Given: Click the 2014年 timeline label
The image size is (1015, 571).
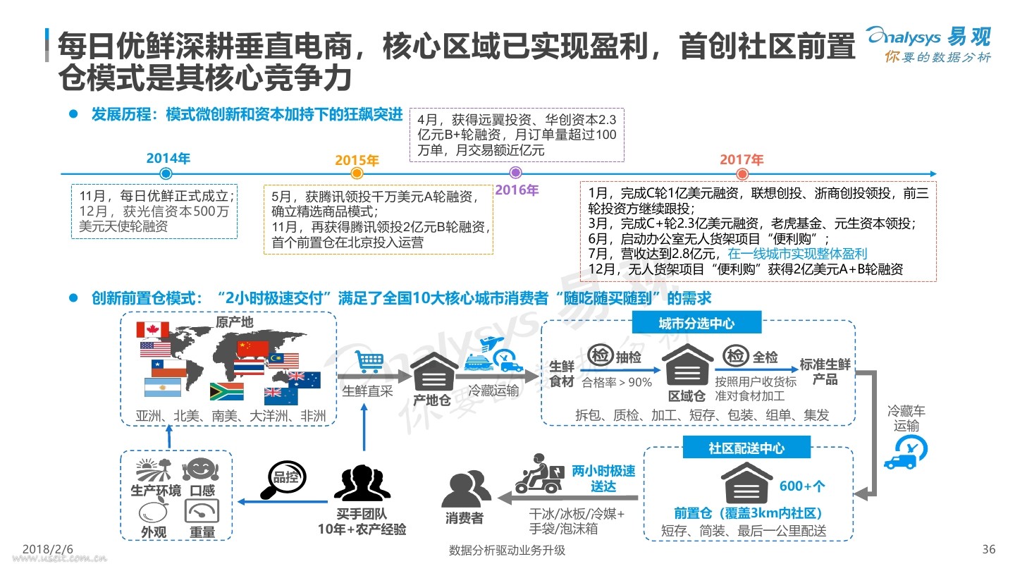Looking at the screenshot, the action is pos(168,158).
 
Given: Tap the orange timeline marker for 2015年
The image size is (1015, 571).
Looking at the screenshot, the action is pos(357,173).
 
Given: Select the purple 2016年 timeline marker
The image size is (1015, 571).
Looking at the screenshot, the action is pos(516,172).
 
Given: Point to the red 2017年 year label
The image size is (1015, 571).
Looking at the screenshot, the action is pos(742,159).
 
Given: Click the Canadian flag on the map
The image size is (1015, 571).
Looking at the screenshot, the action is pos(153,329).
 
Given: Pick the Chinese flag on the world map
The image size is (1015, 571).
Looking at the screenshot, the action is pos(253,348).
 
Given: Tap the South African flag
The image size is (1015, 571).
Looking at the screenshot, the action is pos(226,391).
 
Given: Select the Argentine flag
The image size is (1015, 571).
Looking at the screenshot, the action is pos(162,387).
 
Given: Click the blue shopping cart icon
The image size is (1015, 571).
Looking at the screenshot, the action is pos(369,362).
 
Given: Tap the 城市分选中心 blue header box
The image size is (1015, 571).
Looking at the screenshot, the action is pos(696,323).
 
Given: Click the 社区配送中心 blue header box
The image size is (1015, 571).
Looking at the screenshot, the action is pos(746,448).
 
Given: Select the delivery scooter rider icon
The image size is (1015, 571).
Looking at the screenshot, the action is pos(539,474).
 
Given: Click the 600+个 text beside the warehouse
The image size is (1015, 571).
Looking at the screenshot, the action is pos(802,486).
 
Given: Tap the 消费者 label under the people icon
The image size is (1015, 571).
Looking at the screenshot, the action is pos(464,518).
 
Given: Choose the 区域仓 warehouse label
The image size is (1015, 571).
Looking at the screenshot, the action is pos(687,396).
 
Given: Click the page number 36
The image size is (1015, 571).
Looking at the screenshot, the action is pos(989,549).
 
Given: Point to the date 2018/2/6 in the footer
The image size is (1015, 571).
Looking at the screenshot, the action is pos(48,549).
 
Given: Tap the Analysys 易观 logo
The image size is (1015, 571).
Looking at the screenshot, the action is pos(929,44).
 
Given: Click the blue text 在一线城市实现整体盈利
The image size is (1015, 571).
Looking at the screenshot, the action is pos(797,254).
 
